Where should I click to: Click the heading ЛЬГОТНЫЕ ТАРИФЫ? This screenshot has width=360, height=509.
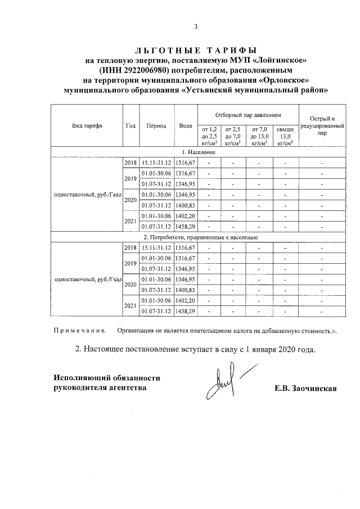click(x=196, y=50)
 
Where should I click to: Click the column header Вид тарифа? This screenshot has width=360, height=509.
click(x=87, y=126)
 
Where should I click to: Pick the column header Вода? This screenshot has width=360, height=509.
click(x=185, y=126)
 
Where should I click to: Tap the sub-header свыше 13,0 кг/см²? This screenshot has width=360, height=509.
click(x=285, y=136)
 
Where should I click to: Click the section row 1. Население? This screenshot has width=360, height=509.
click(x=196, y=152)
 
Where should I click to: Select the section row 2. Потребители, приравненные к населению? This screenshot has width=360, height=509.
click(x=196, y=237)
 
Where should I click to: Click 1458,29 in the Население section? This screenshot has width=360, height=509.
click(x=185, y=227)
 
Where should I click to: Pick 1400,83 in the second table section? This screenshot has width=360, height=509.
click(x=185, y=290)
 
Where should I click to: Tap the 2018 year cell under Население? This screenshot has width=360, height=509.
click(x=130, y=163)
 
